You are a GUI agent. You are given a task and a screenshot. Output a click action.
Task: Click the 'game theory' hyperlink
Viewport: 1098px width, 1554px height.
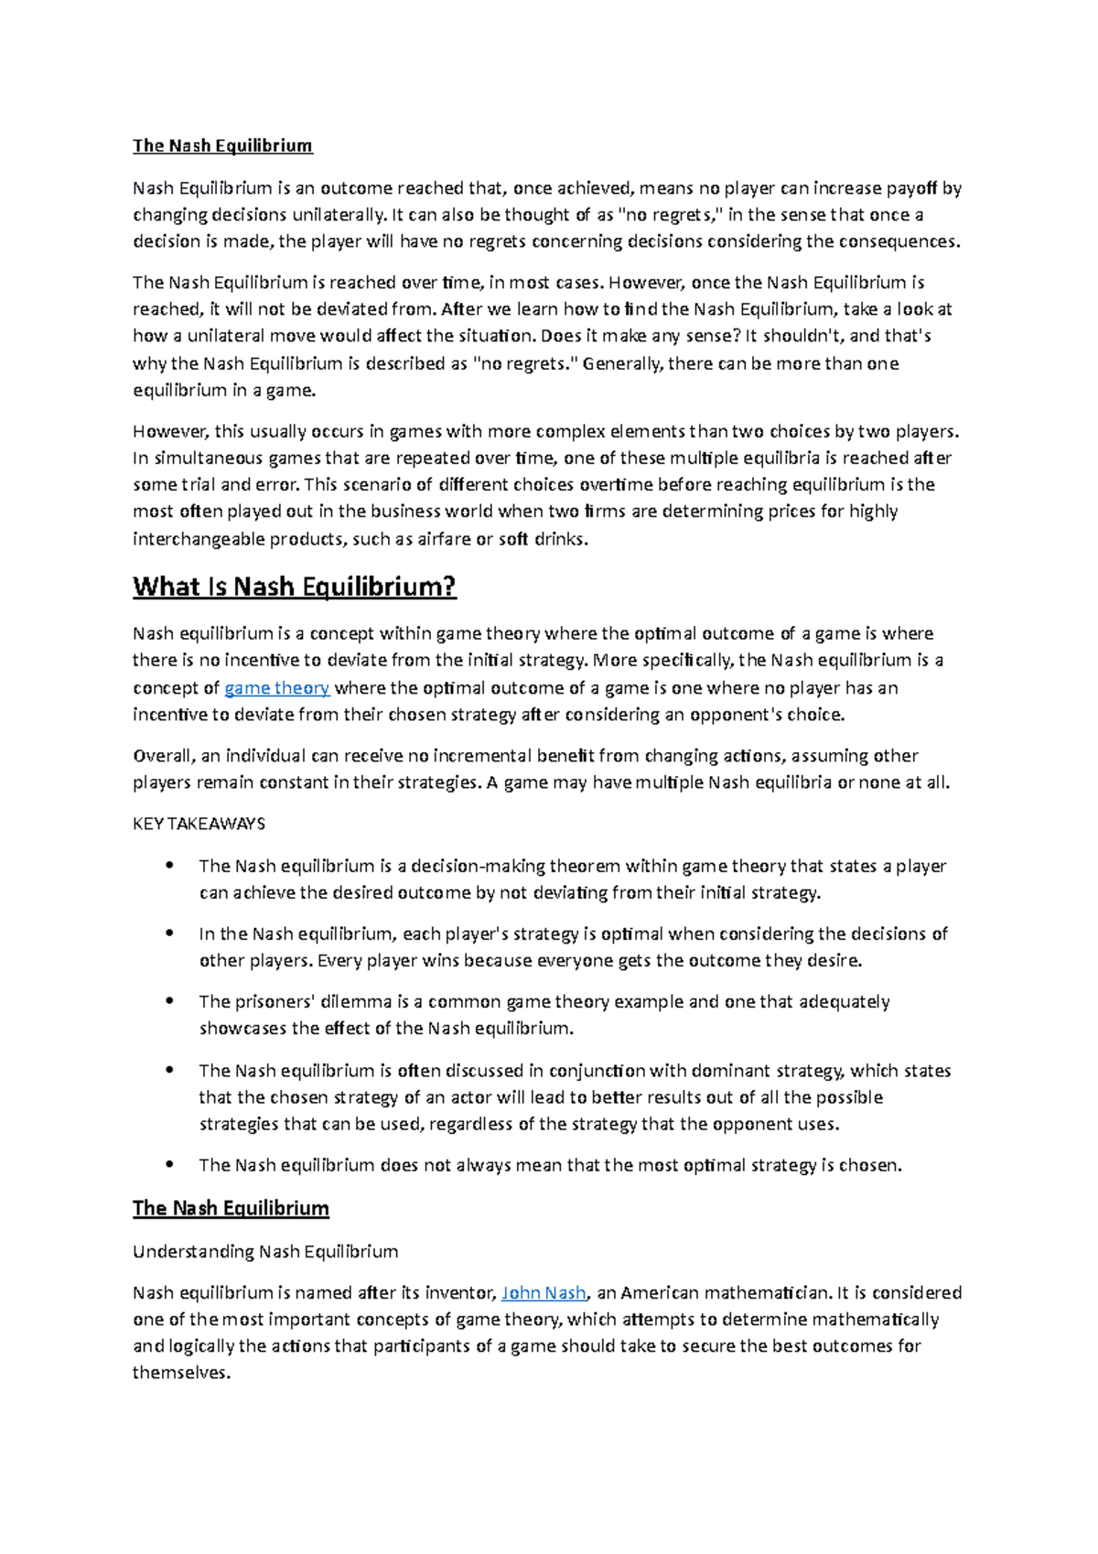tap(276, 688)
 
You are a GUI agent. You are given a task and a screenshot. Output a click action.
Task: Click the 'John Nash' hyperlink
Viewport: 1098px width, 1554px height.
tap(544, 1293)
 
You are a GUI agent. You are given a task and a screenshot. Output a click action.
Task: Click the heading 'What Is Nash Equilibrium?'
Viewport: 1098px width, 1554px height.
tap(294, 587)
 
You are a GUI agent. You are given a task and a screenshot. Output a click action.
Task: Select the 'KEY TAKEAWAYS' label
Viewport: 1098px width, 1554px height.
tap(199, 824)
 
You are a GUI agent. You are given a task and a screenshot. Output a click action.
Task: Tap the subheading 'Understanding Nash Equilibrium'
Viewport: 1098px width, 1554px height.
tap(265, 1251)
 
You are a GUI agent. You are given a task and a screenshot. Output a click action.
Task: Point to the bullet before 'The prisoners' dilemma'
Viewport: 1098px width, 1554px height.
tap(169, 1001)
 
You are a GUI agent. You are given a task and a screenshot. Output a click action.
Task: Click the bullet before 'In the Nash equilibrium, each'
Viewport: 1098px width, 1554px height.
tap(169, 933)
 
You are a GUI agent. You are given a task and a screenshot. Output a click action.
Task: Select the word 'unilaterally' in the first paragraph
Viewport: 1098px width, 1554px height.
tap(339, 215)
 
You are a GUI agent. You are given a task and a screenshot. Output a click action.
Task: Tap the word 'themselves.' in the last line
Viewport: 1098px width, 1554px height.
tap(180, 1373)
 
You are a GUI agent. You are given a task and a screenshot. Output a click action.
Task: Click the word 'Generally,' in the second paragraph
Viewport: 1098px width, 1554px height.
tap(622, 363)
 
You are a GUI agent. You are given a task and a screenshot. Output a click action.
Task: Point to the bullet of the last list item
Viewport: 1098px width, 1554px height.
tap(169, 1165)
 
